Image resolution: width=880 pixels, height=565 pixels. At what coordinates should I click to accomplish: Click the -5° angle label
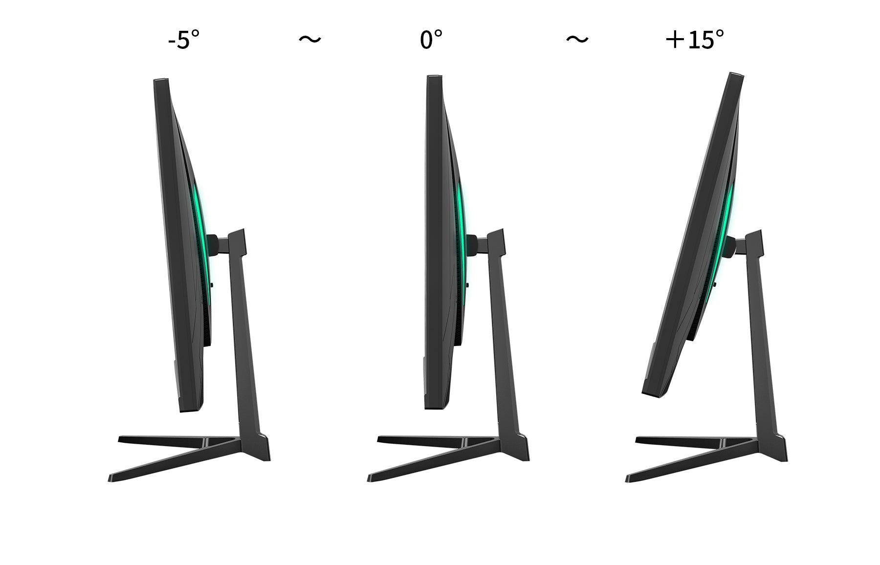pyautogui.click(x=184, y=39)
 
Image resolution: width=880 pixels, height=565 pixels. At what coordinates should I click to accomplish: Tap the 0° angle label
pyautogui.click(x=431, y=39)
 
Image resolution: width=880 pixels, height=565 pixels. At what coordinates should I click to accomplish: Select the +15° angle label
pyautogui.click(x=695, y=39)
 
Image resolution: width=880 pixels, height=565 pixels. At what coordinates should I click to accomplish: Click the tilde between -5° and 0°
pyautogui.click(x=310, y=39)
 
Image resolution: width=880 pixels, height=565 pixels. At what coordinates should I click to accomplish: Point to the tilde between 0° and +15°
pyautogui.click(x=577, y=39)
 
